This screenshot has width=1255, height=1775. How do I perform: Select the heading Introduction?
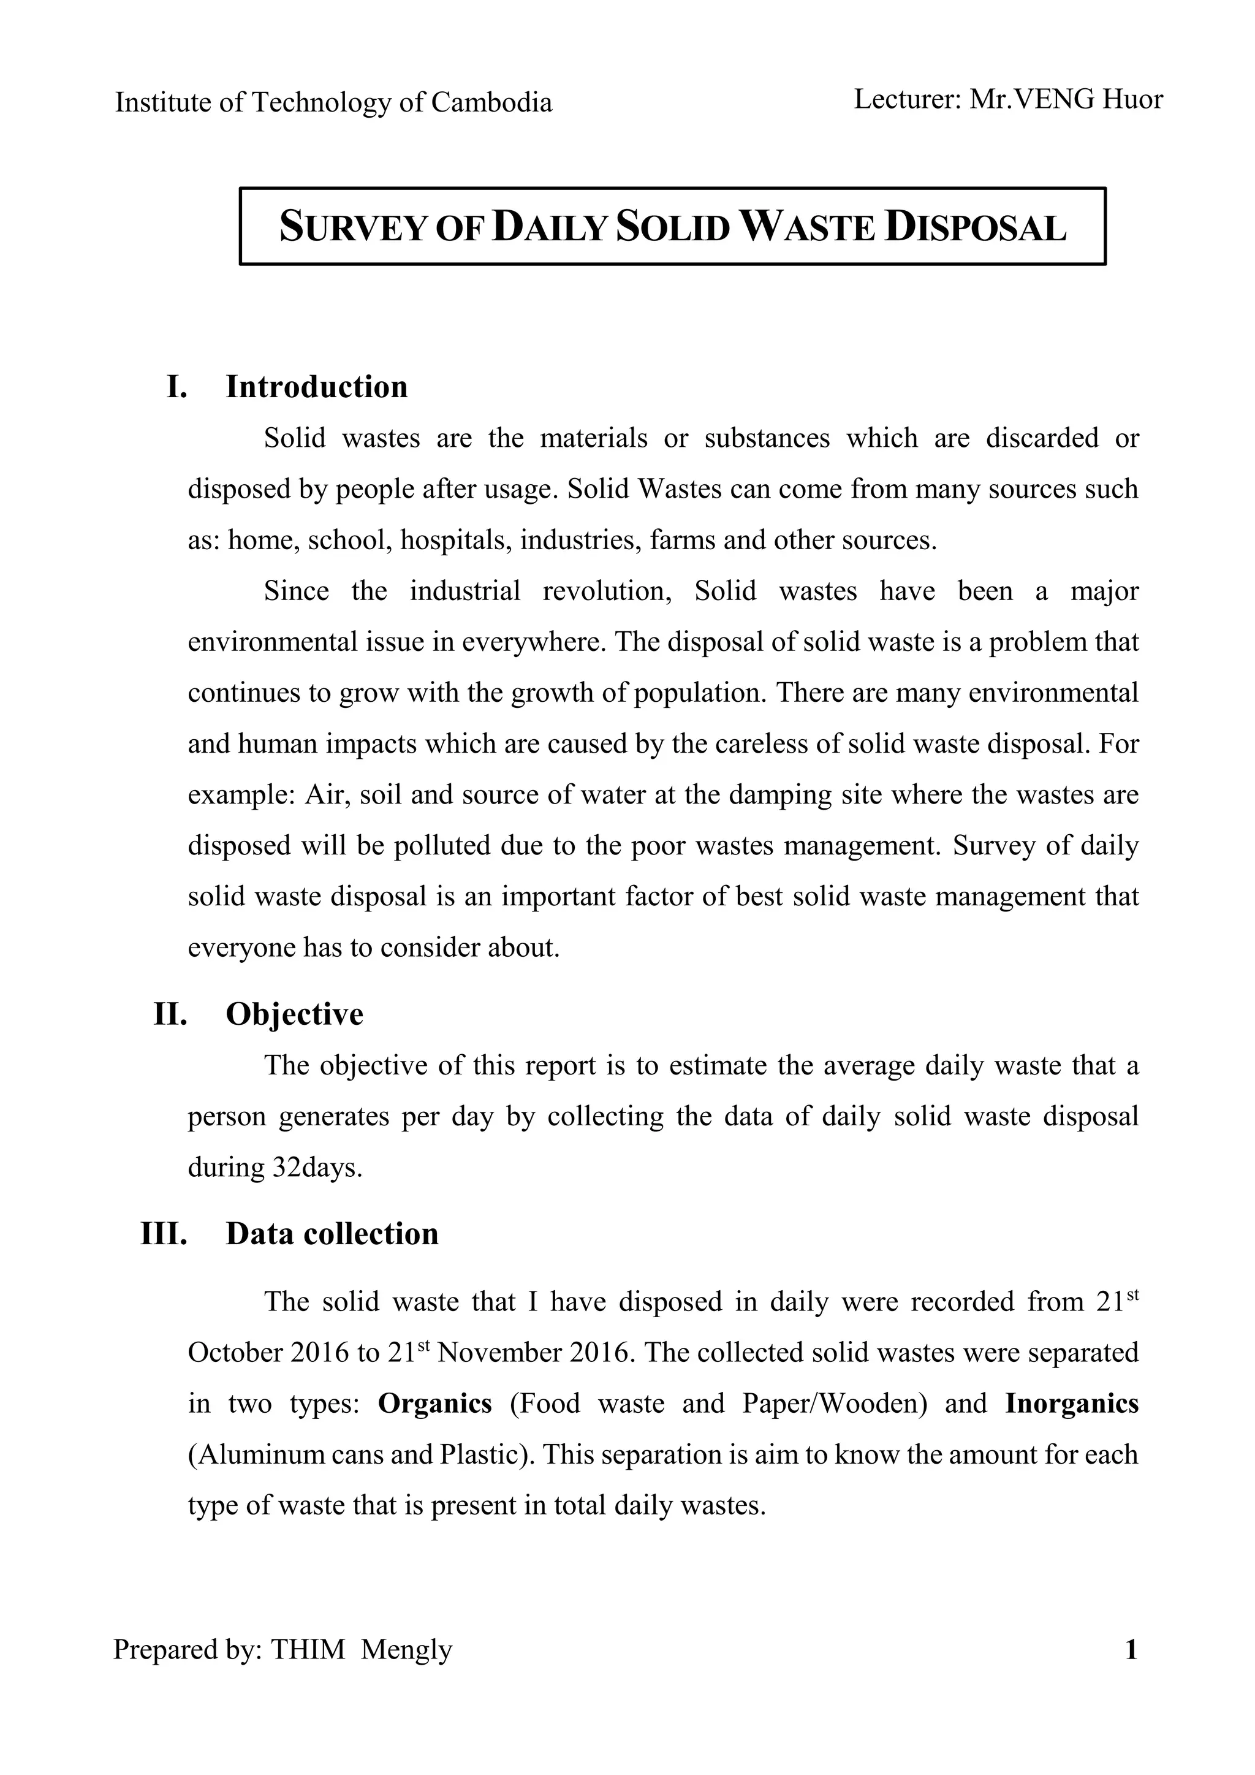pyautogui.click(x=316, y=387)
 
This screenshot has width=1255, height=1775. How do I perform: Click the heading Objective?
pyautogui.click(x=294, y=1014)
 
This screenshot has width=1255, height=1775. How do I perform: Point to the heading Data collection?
pyautogui.click(x=332, y=1233)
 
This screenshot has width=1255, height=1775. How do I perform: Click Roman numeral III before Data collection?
pyautogui.click(x=164, y=1233)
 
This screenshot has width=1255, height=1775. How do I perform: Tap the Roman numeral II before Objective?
pyautogui.click(x=171, y=1014)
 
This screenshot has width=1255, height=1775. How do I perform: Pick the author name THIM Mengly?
pyautogui.click(x=361, y=1649)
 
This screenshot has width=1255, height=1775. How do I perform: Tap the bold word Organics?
pyautogui.click(x=434, y=1403)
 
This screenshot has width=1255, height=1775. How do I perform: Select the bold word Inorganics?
pyautogui.click(x=1072, y=1403)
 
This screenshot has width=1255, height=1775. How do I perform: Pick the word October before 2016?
pyautogui.click(x=235, y=1352)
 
